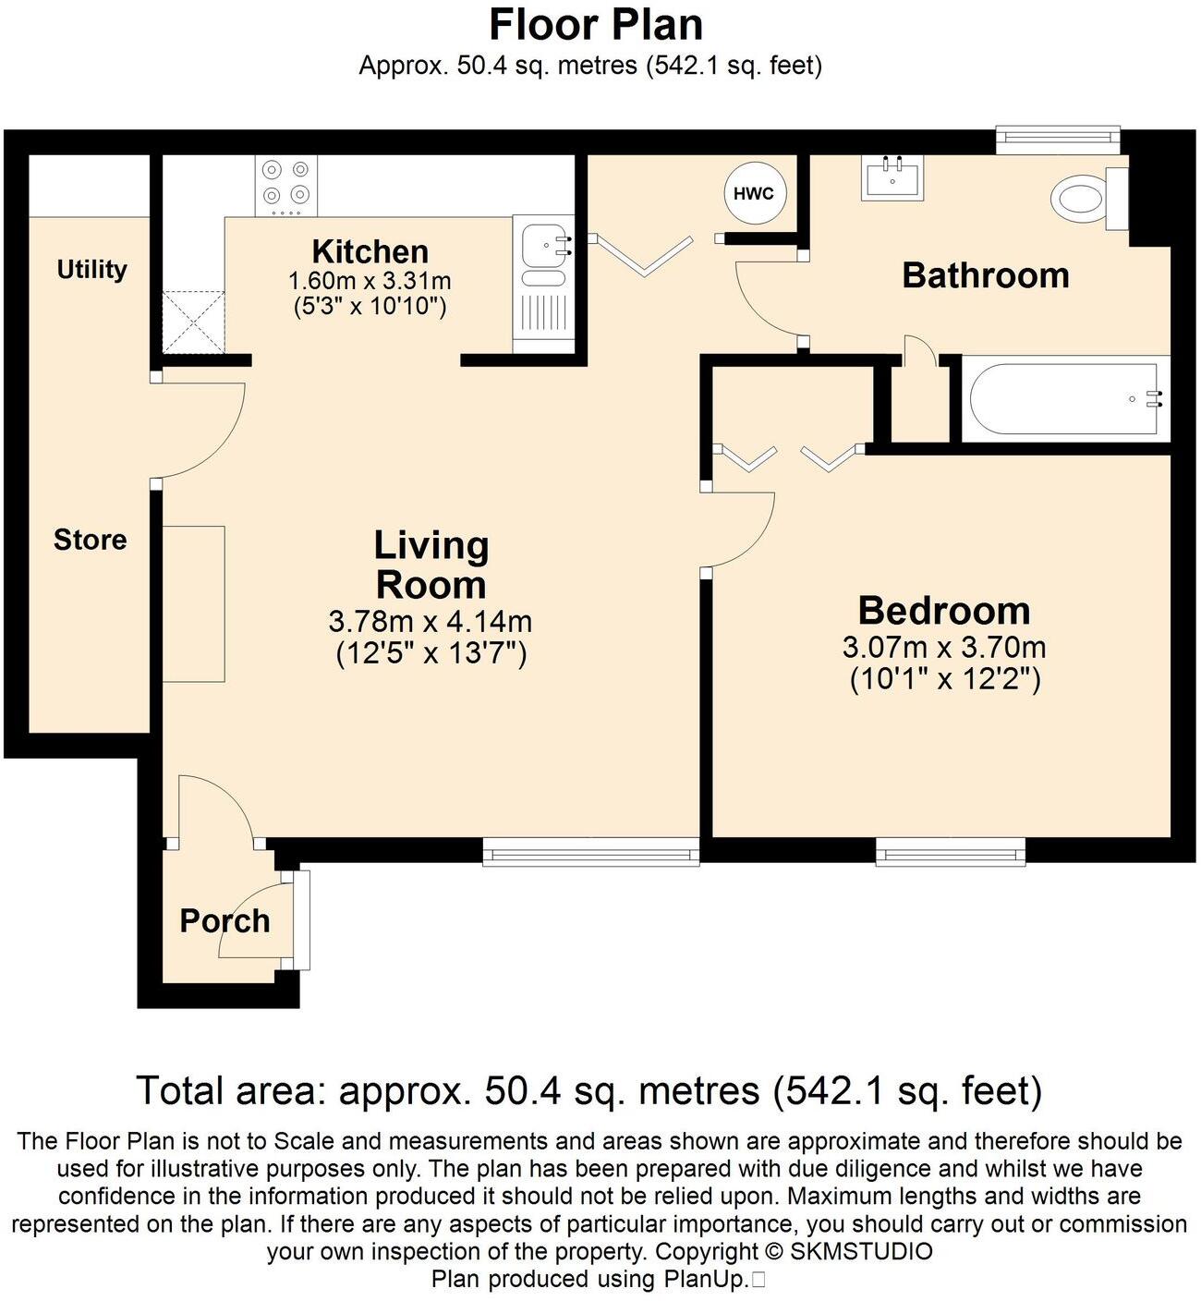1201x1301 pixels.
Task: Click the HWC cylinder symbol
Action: point(754,194)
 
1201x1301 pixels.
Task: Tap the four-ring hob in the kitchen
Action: point(285,183)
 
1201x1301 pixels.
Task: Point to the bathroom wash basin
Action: point(892,177)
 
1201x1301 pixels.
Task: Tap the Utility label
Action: point(91,270)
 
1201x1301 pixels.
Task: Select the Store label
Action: point(90,540)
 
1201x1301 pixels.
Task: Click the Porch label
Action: point(224,921)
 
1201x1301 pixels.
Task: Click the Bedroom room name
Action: point(943,611)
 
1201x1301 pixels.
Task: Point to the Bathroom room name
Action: point(985,275)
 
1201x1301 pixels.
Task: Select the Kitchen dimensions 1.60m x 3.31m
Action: point(370,280)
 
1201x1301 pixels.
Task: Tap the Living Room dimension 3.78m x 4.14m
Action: point(430,621)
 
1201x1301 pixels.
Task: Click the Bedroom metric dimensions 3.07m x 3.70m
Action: point(943,647)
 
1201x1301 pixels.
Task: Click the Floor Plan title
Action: point(596,25)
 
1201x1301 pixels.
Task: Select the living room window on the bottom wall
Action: point(590,852)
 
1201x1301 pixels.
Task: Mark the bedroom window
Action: point(950,852)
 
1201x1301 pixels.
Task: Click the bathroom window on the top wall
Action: point(1057,140)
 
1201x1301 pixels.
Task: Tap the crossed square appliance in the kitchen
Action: point(194,322)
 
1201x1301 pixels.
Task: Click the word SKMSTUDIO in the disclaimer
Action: point(861,1252)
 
